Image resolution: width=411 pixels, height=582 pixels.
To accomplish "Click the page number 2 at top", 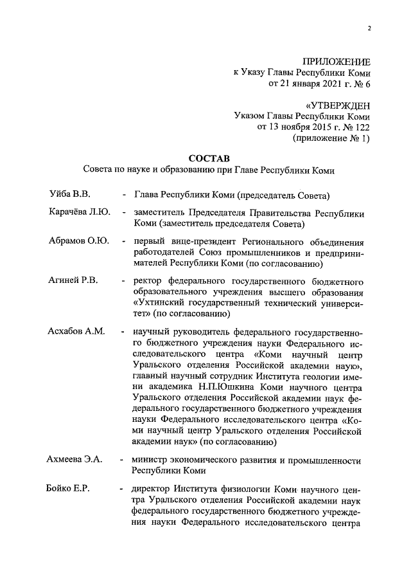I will (370, 28).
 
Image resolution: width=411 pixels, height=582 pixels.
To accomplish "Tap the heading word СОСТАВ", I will (209, 158).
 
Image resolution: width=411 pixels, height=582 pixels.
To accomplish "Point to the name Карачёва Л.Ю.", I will (79, 212).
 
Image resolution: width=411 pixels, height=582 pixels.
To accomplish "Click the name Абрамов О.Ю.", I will (78, 242).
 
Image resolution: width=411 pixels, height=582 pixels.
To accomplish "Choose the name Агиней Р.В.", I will (73, 281).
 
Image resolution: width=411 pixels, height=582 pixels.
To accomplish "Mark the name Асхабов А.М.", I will (76, 332).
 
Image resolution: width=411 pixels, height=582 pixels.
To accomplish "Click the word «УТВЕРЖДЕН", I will (338, 105).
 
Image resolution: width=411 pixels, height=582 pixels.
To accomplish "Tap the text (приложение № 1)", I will (331, 138).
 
